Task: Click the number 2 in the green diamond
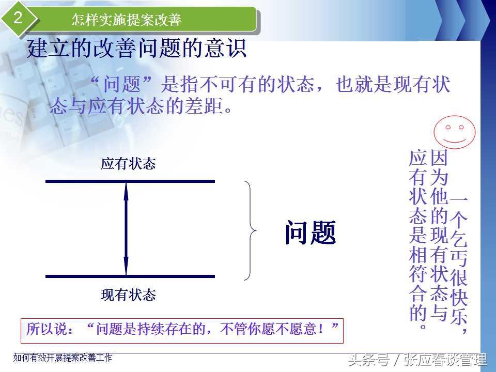pyautogui.click(x=18, y=17)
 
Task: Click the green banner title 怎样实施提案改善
pyautogui.click(x=126, y=20)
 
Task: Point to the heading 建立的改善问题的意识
pyautogui.click(x=136, y=49)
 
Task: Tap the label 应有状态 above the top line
pyautogui.click(x=129, y=164)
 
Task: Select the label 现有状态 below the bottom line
pyautogui.click(x=129, y=295)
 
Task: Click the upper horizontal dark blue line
pyautogui.click(x=130, y=181)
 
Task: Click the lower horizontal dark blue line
pyautogui.click(x=130, y=276)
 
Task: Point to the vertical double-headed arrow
pyautogui.click(x=126, y=229)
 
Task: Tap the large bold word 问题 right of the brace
pyautogui.click(x=311, y=233)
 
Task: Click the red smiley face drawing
pyautogui.click(x=455, y=132)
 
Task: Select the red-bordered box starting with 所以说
pyautogui.click(x=182, y=331)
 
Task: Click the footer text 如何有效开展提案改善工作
pyautogui.click(x=63, y=358)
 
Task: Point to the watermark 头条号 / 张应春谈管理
pyautogui.click(x=417, y=360)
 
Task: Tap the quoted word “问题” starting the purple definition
pyautogui.click(x=121, y=84)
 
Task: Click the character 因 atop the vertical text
pyautogui.click(x=439, y=158)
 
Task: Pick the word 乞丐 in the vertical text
pyautogui.click(x=459, y=247)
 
